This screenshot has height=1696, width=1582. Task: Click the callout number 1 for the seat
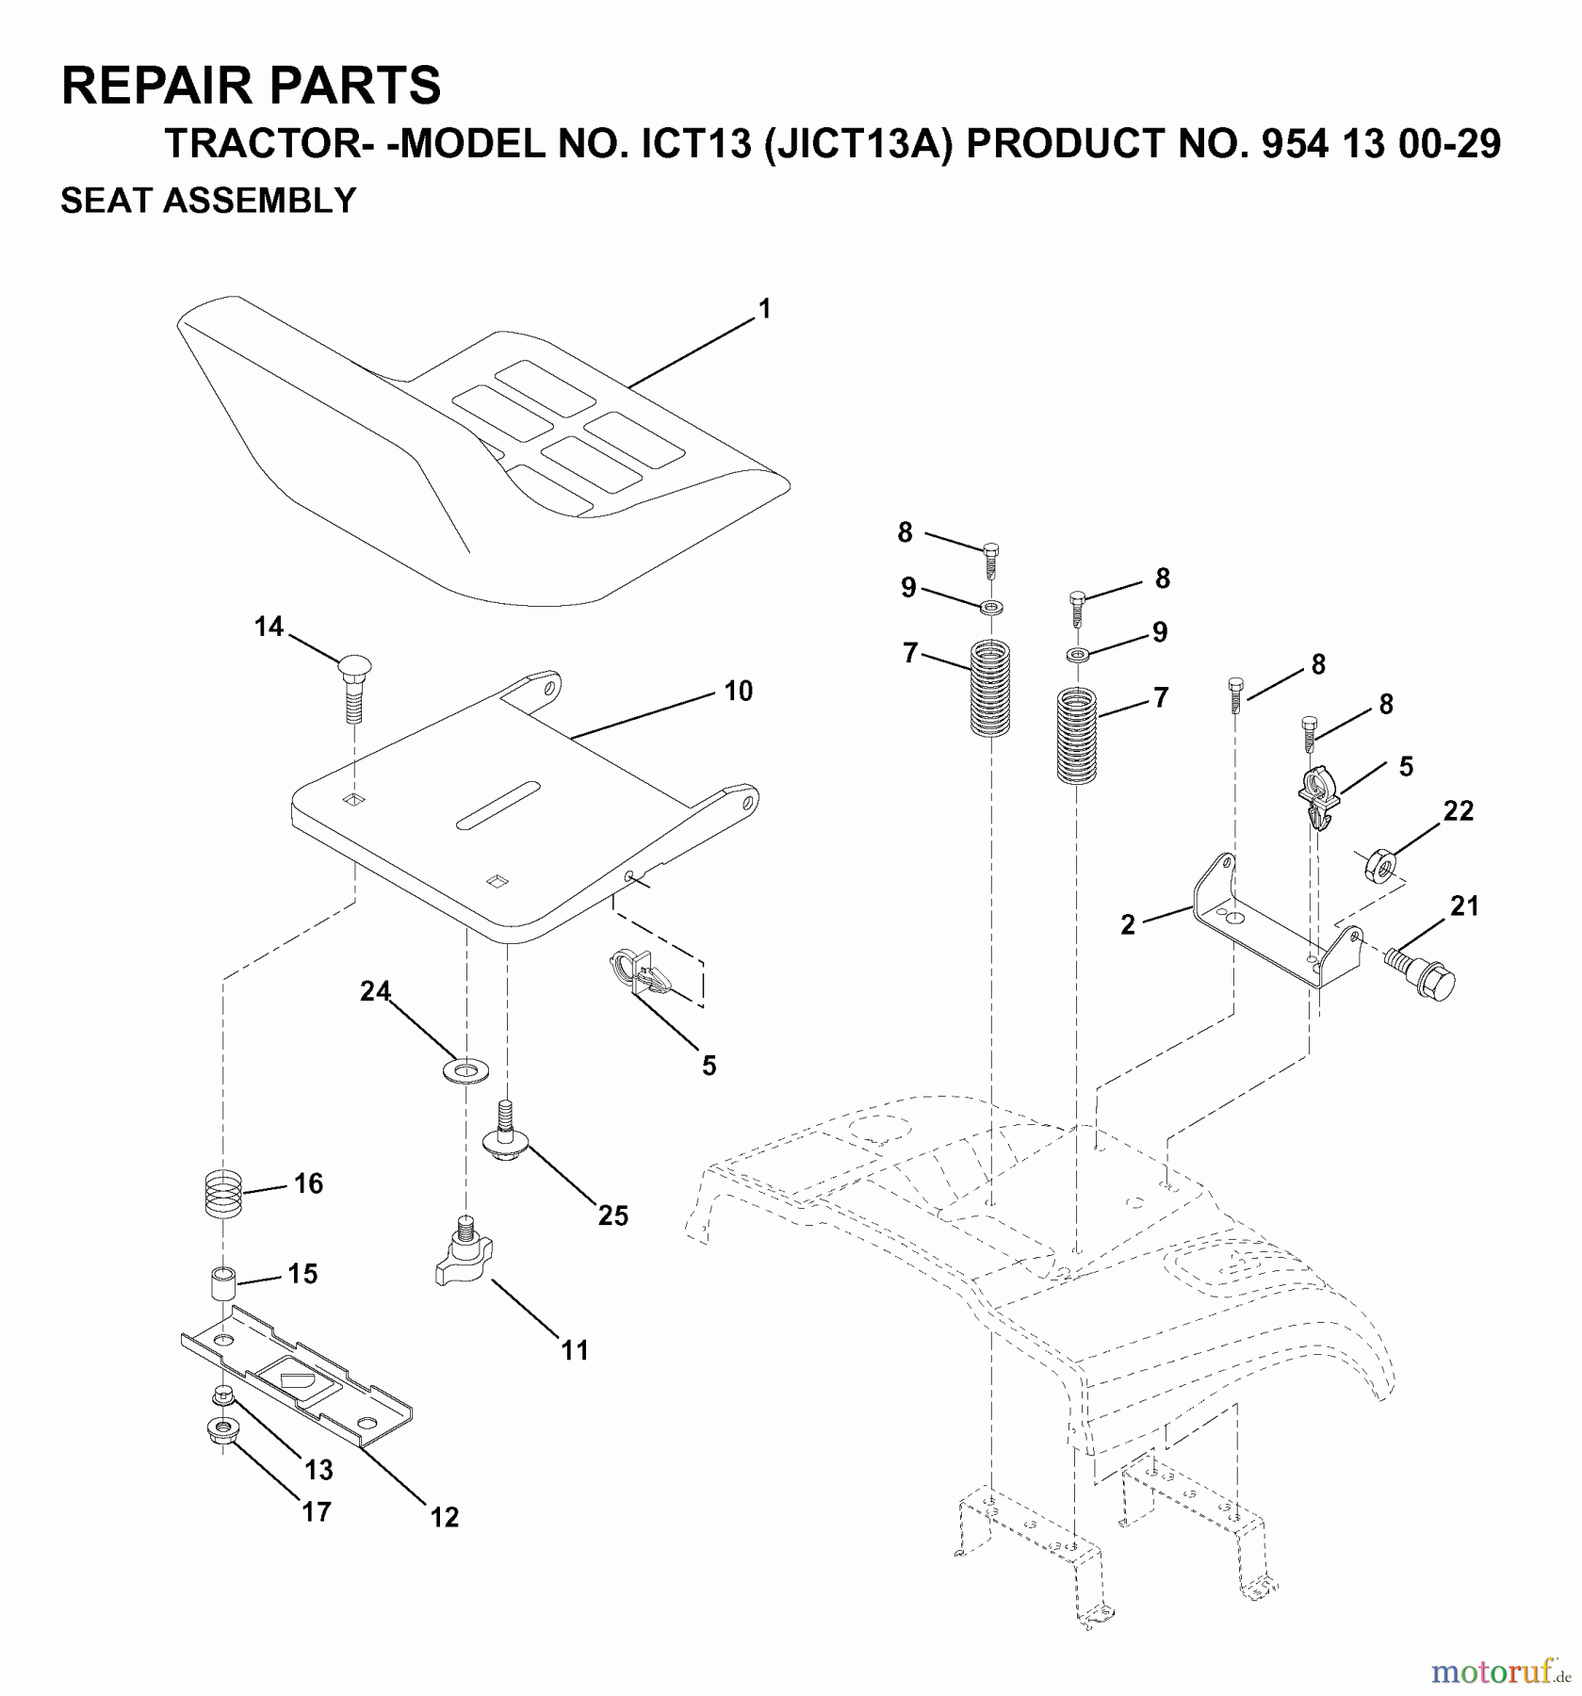(x=765, y=309)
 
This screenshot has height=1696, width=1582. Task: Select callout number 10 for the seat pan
(x=738, y=691)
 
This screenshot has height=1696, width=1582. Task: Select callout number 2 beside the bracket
(x=1128, y=925)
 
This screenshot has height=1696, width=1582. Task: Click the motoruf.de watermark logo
(x=1498, y=1672)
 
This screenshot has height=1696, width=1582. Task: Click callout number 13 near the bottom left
(x=318, y=1469)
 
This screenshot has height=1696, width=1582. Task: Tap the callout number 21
(x=1464, y=906)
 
